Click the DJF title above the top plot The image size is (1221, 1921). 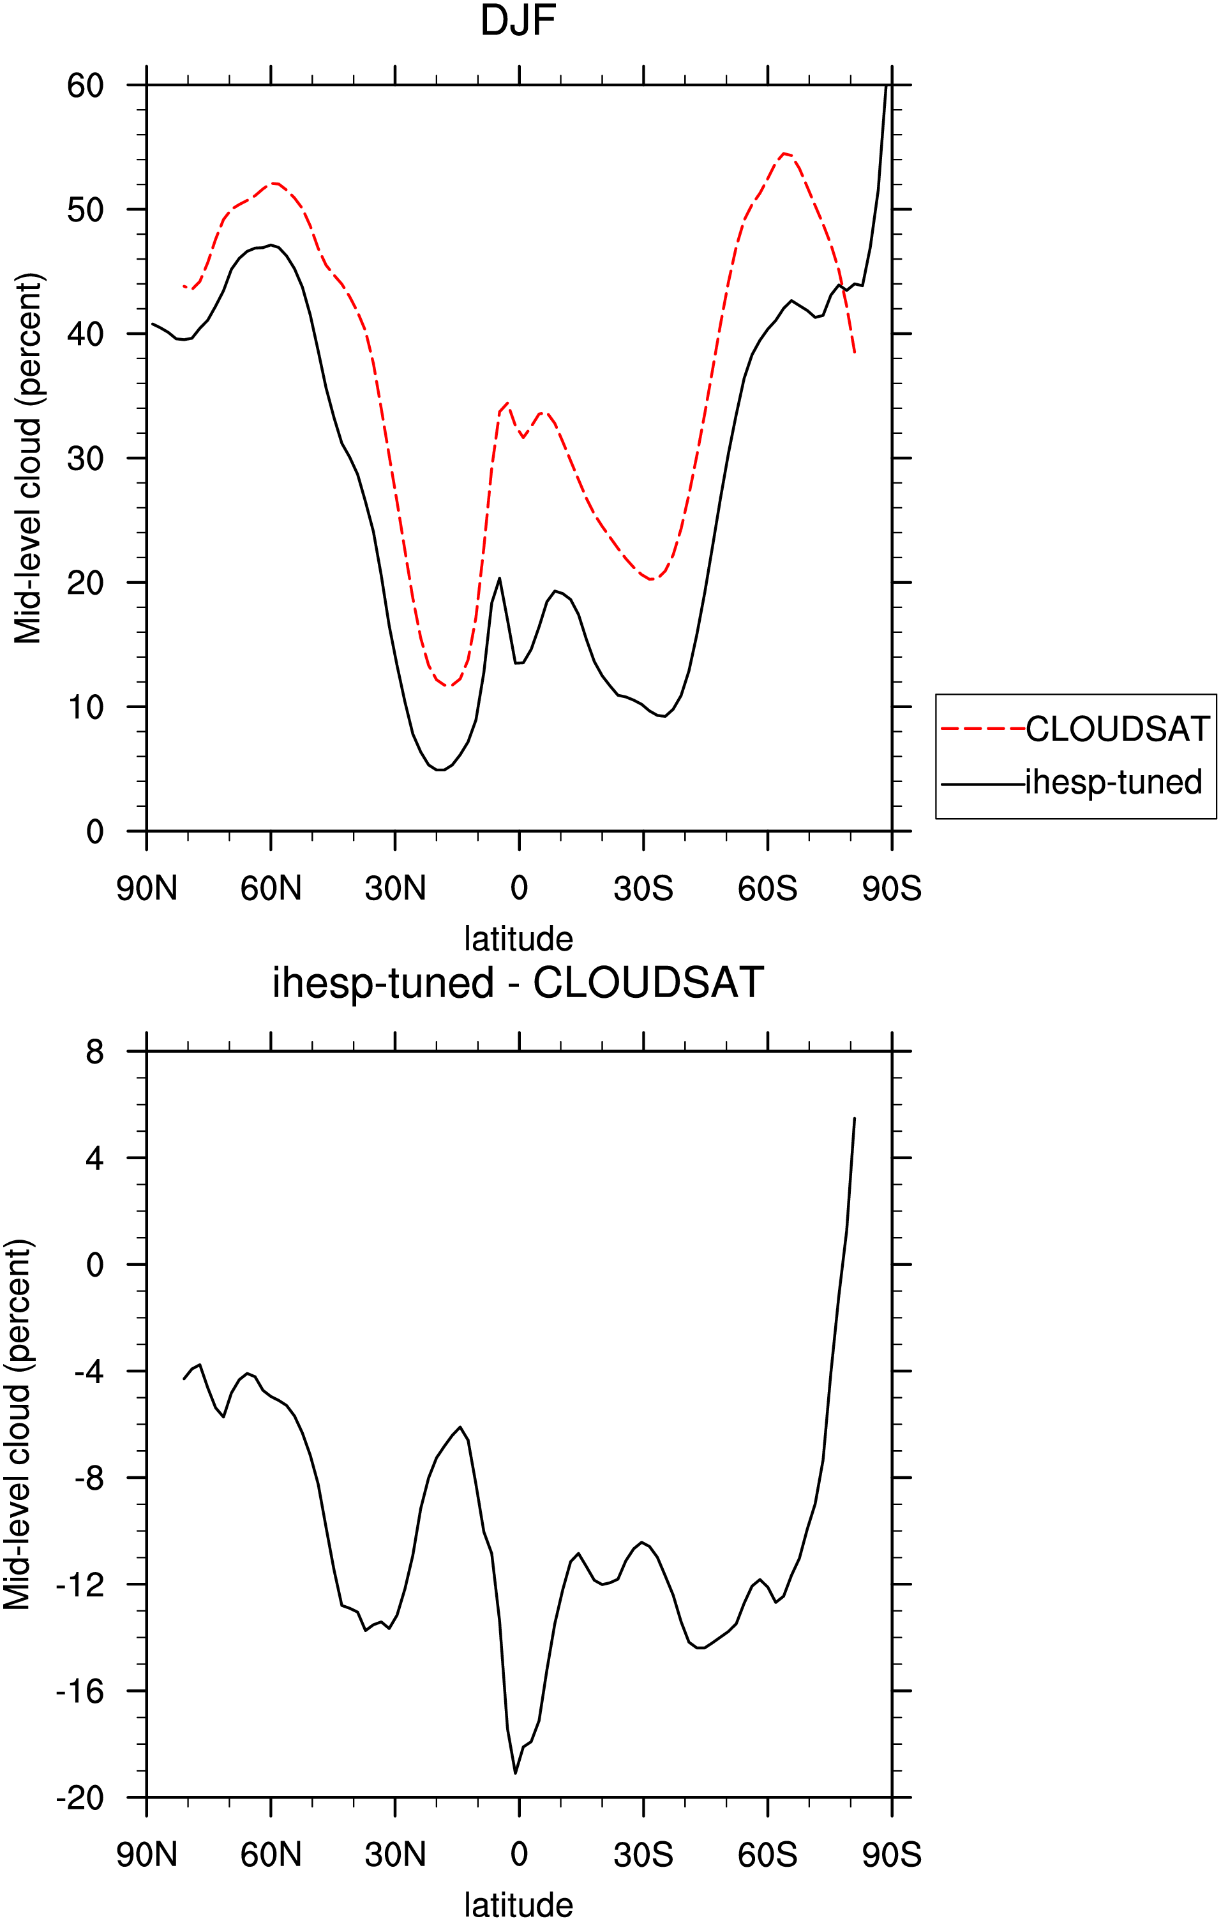coord(518,21)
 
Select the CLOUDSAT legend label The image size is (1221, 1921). coord(1117,729)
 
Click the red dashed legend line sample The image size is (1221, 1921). coord(983,729)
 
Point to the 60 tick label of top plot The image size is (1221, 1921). coord(86,85)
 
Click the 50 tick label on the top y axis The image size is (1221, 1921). coord(86,210)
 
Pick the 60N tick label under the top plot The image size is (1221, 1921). coord(271,889)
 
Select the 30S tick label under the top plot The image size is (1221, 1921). coord(643,889)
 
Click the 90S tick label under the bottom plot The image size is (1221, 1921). coord(892,1855)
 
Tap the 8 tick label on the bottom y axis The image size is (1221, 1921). coord(95,1052)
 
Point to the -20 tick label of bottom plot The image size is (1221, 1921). coord(80,1799)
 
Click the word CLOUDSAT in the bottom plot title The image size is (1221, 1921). coord(648,983)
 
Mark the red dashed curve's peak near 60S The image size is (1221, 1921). coord(785,153)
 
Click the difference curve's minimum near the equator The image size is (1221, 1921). coord(516,1774)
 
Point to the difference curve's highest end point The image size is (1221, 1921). coord(855,1119)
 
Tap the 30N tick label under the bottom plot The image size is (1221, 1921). coord(395,1855)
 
